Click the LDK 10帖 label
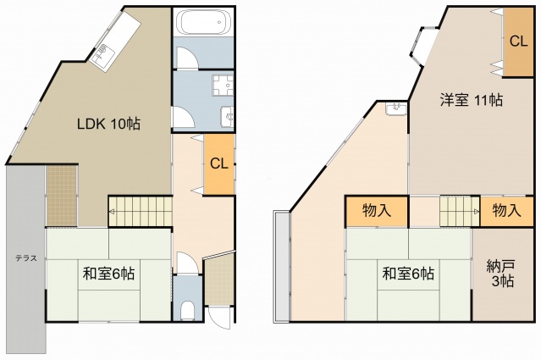(x=108, y=124)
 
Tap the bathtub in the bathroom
(x=203, y=22)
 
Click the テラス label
(x=26, y=258)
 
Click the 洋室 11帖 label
(x=471, y=100)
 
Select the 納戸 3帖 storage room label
(x=501, y=274)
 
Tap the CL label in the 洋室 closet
(x=519, y=42)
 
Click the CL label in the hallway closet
(x=219, y=163)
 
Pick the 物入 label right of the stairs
(x=506, y=210)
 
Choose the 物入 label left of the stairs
(x=377, y=210)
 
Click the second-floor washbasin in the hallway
(x=396, y=108)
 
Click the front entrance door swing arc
(x=220, y=320)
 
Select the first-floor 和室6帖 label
(x=108, y=274)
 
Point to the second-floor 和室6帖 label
(x=408, y=274)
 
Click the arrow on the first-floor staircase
(x=113, y=212)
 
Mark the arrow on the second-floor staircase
(x=477, y=211)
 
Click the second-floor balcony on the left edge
(x=282, y=267)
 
